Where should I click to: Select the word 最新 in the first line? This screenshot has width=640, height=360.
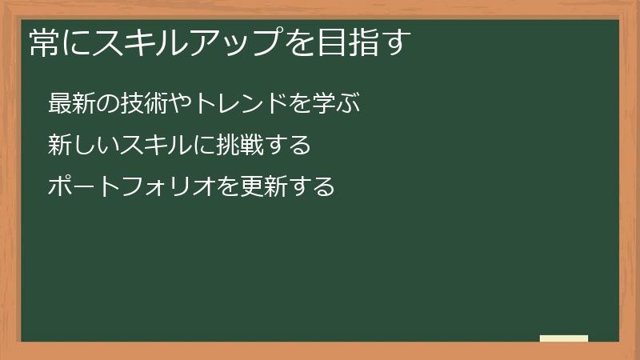[70, 103]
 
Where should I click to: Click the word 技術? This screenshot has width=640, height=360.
[144, 103]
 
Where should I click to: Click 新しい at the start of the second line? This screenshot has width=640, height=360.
[82, 146]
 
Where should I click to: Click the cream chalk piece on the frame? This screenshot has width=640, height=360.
[564, 338]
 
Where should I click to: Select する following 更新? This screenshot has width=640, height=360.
[310, 187]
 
